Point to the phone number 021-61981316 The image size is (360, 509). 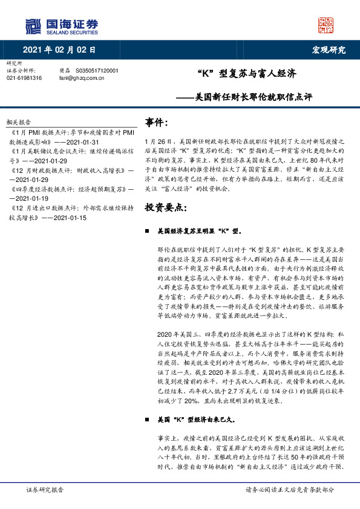coord(24,78)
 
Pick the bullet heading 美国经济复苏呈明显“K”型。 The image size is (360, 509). coord(199,231)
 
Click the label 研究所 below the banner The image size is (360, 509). coord(13,63)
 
